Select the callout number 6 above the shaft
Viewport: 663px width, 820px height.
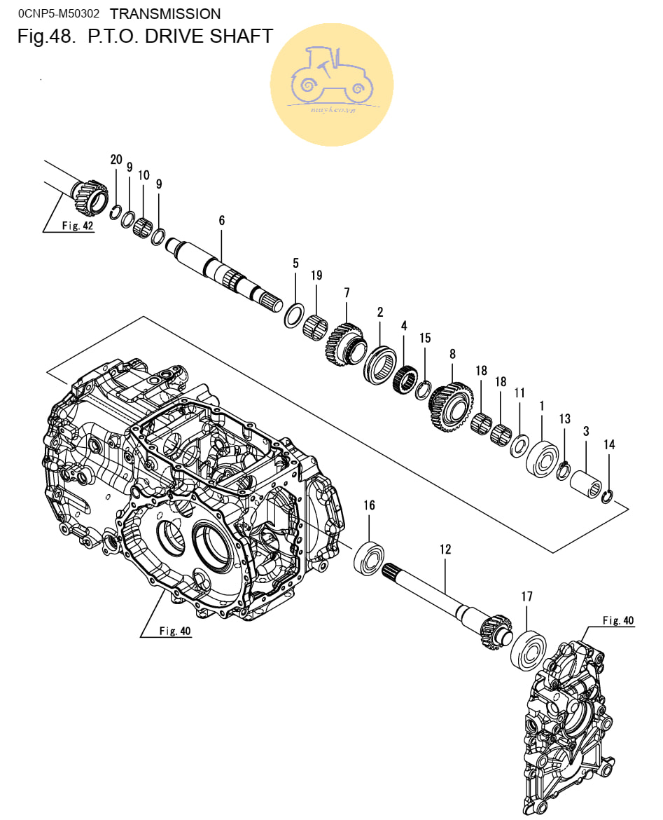click(x=222, y=221)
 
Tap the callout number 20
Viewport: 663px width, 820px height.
click(x=116, y=160)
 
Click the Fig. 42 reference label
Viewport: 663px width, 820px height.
click(x=78, y=226)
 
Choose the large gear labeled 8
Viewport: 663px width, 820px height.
click(x=449, y=406)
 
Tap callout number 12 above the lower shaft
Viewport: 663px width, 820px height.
click(x=445, y=549)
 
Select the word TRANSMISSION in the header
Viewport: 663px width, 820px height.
click(x=165, y=13)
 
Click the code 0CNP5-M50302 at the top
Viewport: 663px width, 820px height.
click(x=58, y=13)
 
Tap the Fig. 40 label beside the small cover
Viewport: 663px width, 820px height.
click(x=618, y=620)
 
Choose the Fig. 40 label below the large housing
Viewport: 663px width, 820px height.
click(x=174, y=631)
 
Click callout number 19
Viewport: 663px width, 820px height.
click(x=316, y=275)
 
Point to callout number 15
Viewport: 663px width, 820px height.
click(x=425, y=339)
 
